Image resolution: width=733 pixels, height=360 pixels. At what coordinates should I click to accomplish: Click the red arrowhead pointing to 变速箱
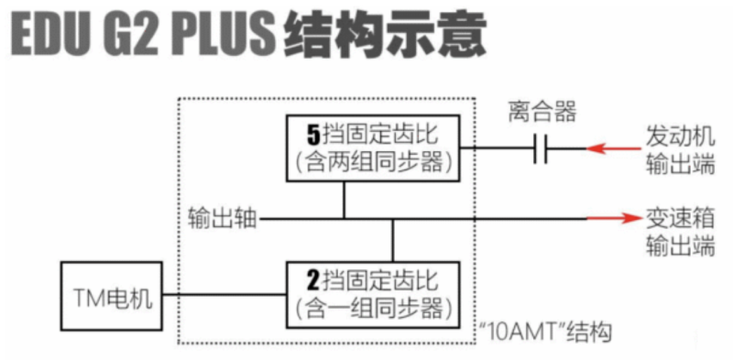(629, 219)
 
